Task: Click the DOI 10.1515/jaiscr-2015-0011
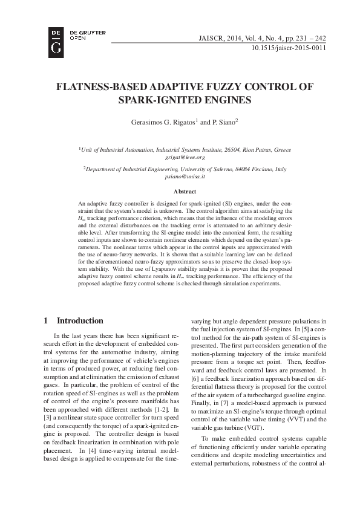coord(288,48)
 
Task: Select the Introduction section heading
coord(80,320)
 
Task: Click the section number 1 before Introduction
coord(46,320)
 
